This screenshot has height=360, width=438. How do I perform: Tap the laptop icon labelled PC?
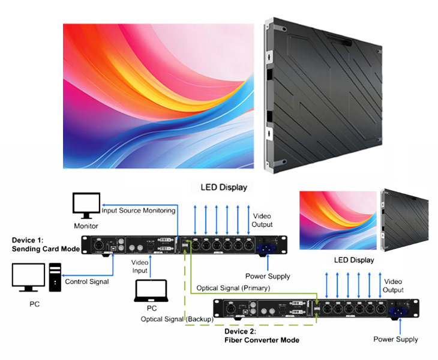coord(151,291)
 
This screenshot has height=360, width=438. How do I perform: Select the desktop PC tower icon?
coord(55,277)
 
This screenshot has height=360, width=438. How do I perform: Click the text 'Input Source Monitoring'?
coord(139,211)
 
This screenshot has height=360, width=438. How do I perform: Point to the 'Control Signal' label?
coord(87,281)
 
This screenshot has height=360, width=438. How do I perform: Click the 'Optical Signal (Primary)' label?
coord(233,288)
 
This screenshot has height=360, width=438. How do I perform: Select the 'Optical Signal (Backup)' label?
coord(177,319)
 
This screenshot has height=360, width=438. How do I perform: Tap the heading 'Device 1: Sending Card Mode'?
coord(46,245)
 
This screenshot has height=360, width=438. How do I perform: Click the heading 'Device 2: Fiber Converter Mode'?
coord(262,336)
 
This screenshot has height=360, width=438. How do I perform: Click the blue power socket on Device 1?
coord(266,248)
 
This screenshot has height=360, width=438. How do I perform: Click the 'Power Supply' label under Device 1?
coord(268,276)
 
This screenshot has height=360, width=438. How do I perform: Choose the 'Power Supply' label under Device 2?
coord(395,340)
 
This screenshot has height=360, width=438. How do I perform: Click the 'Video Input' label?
coord(140,266)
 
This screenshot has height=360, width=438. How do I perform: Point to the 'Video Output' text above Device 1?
coord(262,220)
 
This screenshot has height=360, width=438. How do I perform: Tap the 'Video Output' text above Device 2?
coord(393,286)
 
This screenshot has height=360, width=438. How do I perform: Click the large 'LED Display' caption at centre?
coord(224,187)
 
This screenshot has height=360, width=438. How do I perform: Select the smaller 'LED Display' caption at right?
coord(354,260)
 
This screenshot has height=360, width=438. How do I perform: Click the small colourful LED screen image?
coord(338,220)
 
